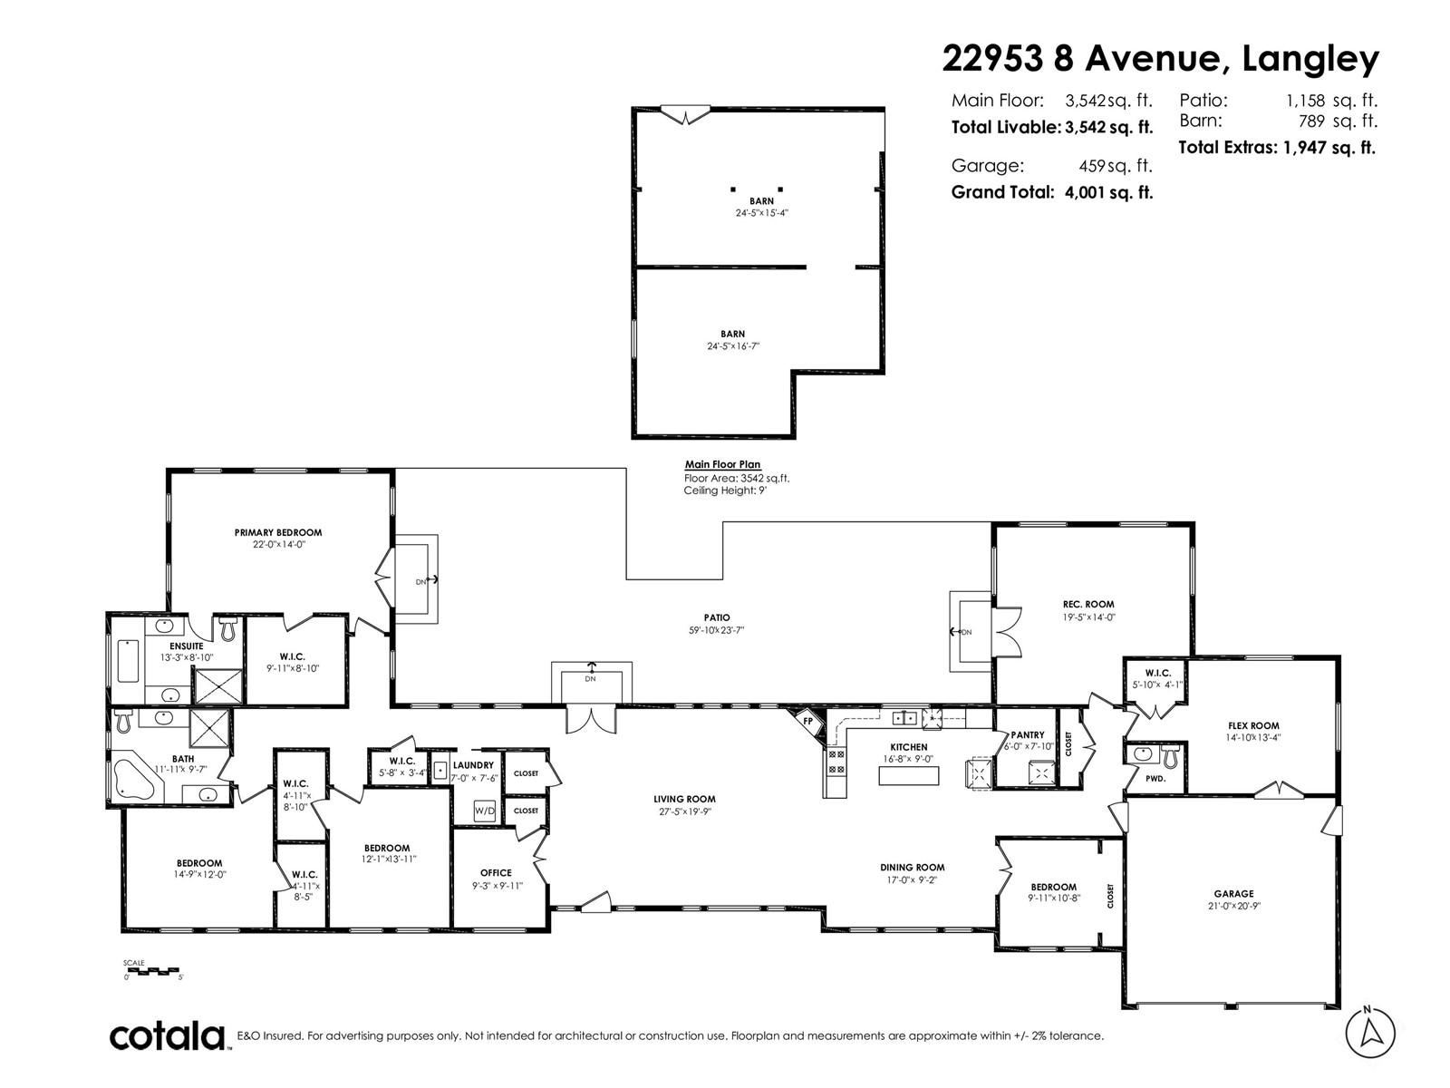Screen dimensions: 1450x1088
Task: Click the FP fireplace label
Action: pos(807,722)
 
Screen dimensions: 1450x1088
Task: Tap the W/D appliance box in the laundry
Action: pos(485,811)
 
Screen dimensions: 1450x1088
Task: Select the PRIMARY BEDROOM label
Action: pos(278,532)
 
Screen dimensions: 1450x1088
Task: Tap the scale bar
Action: pos(151,971)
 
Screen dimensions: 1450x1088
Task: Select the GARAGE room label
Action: pos(1233,894)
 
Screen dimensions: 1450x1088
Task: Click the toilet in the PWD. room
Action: pos(1171,757)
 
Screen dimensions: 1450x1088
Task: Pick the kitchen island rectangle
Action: pos(908,775)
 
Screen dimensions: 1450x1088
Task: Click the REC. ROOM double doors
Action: pos(1008,632)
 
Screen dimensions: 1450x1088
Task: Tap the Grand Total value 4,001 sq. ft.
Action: pos(1109,192)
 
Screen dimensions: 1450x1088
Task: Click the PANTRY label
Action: pos(1027,734)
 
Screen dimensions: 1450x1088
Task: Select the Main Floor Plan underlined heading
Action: pos(722,464)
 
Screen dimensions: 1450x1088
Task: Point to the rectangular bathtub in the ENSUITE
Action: pos(128,661)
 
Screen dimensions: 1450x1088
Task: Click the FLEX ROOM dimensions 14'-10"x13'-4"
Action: pos(1254,738)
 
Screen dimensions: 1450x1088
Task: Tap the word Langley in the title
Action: pos(1310,60)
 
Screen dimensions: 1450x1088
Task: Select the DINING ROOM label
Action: pos(913,868)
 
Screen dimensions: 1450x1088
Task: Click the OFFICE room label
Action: pos(496,872)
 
